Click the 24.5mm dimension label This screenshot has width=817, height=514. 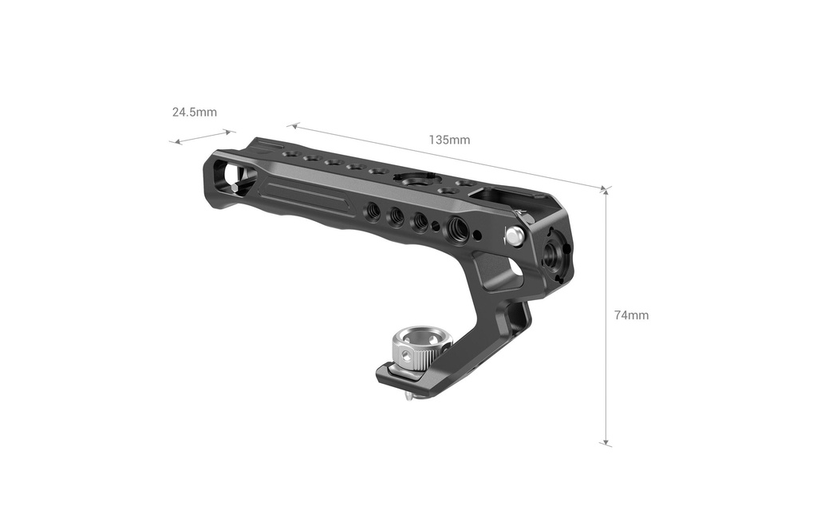pyautogui.click(x=195, y=112)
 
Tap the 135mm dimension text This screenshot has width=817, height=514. pyautogui.click(x=449, y=140)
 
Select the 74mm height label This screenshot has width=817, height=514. pyautogui.click(x=632, y=314)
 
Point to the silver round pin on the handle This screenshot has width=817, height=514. pyautogui.click(x=515, y=235)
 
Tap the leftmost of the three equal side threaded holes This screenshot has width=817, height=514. pyautogui.click(x=373, y=210)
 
